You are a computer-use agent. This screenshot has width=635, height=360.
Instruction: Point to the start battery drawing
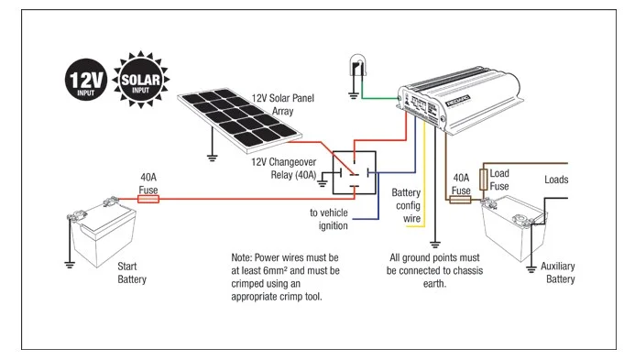(104, 235)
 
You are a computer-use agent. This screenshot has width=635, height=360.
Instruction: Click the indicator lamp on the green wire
(357, 68)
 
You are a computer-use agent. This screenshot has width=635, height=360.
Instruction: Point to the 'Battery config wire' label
(406, 206)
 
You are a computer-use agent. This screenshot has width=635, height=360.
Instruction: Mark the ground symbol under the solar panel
(213, 158)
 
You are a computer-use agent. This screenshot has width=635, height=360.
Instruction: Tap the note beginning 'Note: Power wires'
(284, 278)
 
